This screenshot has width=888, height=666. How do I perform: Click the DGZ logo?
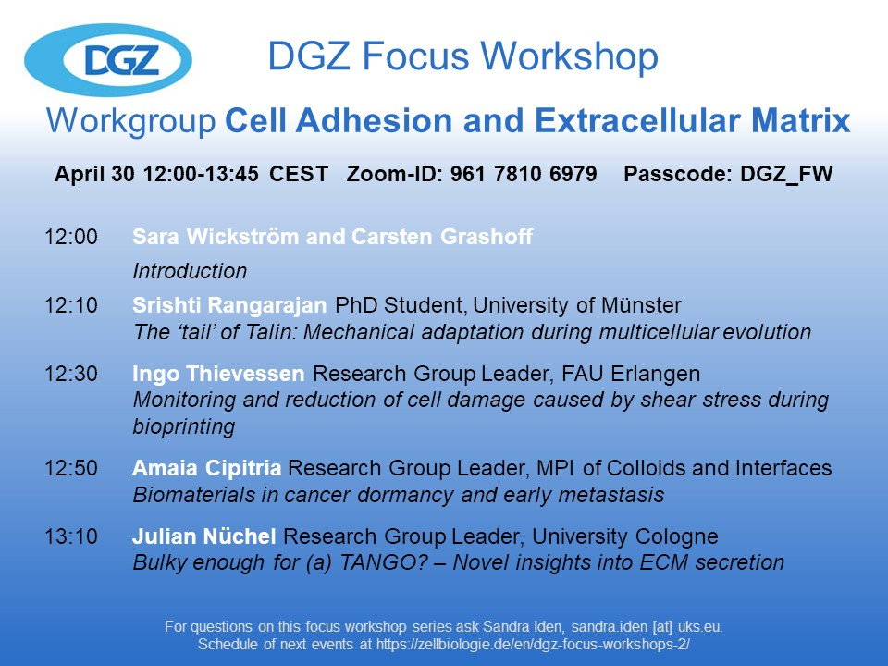pyautogui.click(x=108, y=59)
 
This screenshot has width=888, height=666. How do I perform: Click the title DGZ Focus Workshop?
pyautogui.click(x=462, y=56)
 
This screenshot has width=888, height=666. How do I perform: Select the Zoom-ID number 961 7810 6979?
pyautogui.click(x=524, y=173)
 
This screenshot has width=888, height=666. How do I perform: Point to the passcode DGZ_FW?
pyautogui.click(x=786, y=174)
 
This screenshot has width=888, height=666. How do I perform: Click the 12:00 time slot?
pyautogui.click(x=71, y=237)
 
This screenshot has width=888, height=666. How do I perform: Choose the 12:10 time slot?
pyautogui.click(x=71, y=305)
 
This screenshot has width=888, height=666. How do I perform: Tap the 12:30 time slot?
pyautogui.click(x=71, y=374)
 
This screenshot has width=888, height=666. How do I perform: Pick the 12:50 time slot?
pyautogui.click(x=71, y=468)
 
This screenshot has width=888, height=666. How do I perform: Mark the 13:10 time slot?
pyautogui.click(x=71, y=536)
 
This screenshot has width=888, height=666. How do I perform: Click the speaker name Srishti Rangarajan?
pyautogui.click(x=229, y=306)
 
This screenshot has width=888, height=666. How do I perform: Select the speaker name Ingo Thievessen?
pyautogui.click(x=218, y=374)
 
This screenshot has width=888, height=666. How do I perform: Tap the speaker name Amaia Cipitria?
pyautogui.click(x=206, y=468)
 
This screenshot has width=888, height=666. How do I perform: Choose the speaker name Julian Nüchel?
pyautogui.click(x=204, y=536)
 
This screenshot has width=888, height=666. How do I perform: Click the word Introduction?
pyautogui.click(x=190, y=271)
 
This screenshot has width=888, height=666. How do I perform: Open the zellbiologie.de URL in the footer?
pyautogui.click(x=533, y=645)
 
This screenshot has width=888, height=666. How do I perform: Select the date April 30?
pyautogui.click(x=94, y=174)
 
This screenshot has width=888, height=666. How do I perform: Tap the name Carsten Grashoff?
pyautogui.click(x=442, y=237)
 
